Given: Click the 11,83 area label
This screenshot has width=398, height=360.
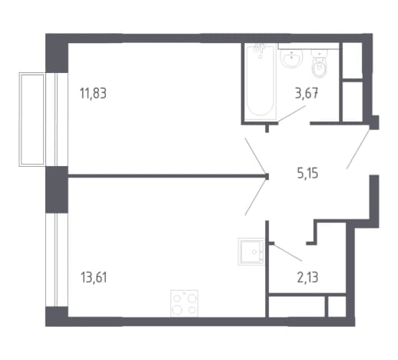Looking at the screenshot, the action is [x=93, y=93].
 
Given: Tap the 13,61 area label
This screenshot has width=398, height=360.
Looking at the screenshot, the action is [x=94, y=278].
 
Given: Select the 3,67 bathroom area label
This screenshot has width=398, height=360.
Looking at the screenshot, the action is [x=307, y=93].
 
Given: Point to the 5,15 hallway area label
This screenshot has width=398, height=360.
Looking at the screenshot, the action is [x=307, y=174].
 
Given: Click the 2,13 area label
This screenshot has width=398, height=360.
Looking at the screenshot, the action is [x=307, y=278].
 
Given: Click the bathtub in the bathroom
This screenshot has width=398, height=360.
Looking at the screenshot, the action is [x=260, y=82].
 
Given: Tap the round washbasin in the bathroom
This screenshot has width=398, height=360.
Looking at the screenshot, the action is [x=292, y=58].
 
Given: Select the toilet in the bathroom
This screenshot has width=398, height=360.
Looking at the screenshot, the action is [x=319, y=64].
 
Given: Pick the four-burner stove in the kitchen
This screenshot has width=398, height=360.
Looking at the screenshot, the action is [x=184, y=303].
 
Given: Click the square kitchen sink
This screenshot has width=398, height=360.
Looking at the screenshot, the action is [x=251, y=252].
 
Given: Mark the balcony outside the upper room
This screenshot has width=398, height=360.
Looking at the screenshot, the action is [x=32, y=119].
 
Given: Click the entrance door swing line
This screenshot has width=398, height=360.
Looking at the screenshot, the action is [x=358, y=149].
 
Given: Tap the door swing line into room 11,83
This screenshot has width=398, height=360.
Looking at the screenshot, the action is [x=256, y=156].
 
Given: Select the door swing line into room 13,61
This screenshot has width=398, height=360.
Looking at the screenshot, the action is [x=256, y=196].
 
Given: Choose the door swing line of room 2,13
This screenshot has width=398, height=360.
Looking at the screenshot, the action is [x=287, y=252].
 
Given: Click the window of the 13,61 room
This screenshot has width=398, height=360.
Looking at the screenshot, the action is [x=57, y=259].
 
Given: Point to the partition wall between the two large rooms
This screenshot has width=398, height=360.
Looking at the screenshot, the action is [x=168, y=176].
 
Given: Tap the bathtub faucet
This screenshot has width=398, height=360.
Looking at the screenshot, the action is [x=259, y=50].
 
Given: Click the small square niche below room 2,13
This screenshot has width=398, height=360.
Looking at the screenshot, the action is [x=337, y=306].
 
